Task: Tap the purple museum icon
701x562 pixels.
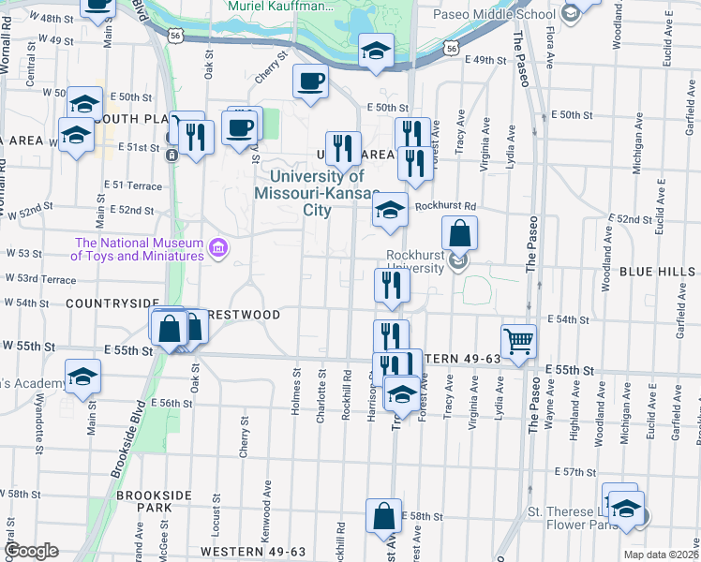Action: [218, 247]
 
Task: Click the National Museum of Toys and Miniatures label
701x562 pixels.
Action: [139, 247]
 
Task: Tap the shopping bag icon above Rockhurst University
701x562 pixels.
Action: [460, 233]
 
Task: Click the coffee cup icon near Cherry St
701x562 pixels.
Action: [310, 81]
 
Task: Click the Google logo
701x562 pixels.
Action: [30, 551]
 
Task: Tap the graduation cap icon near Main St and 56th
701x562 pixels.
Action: [83, 377]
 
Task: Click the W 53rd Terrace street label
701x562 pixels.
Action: [39, 279]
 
